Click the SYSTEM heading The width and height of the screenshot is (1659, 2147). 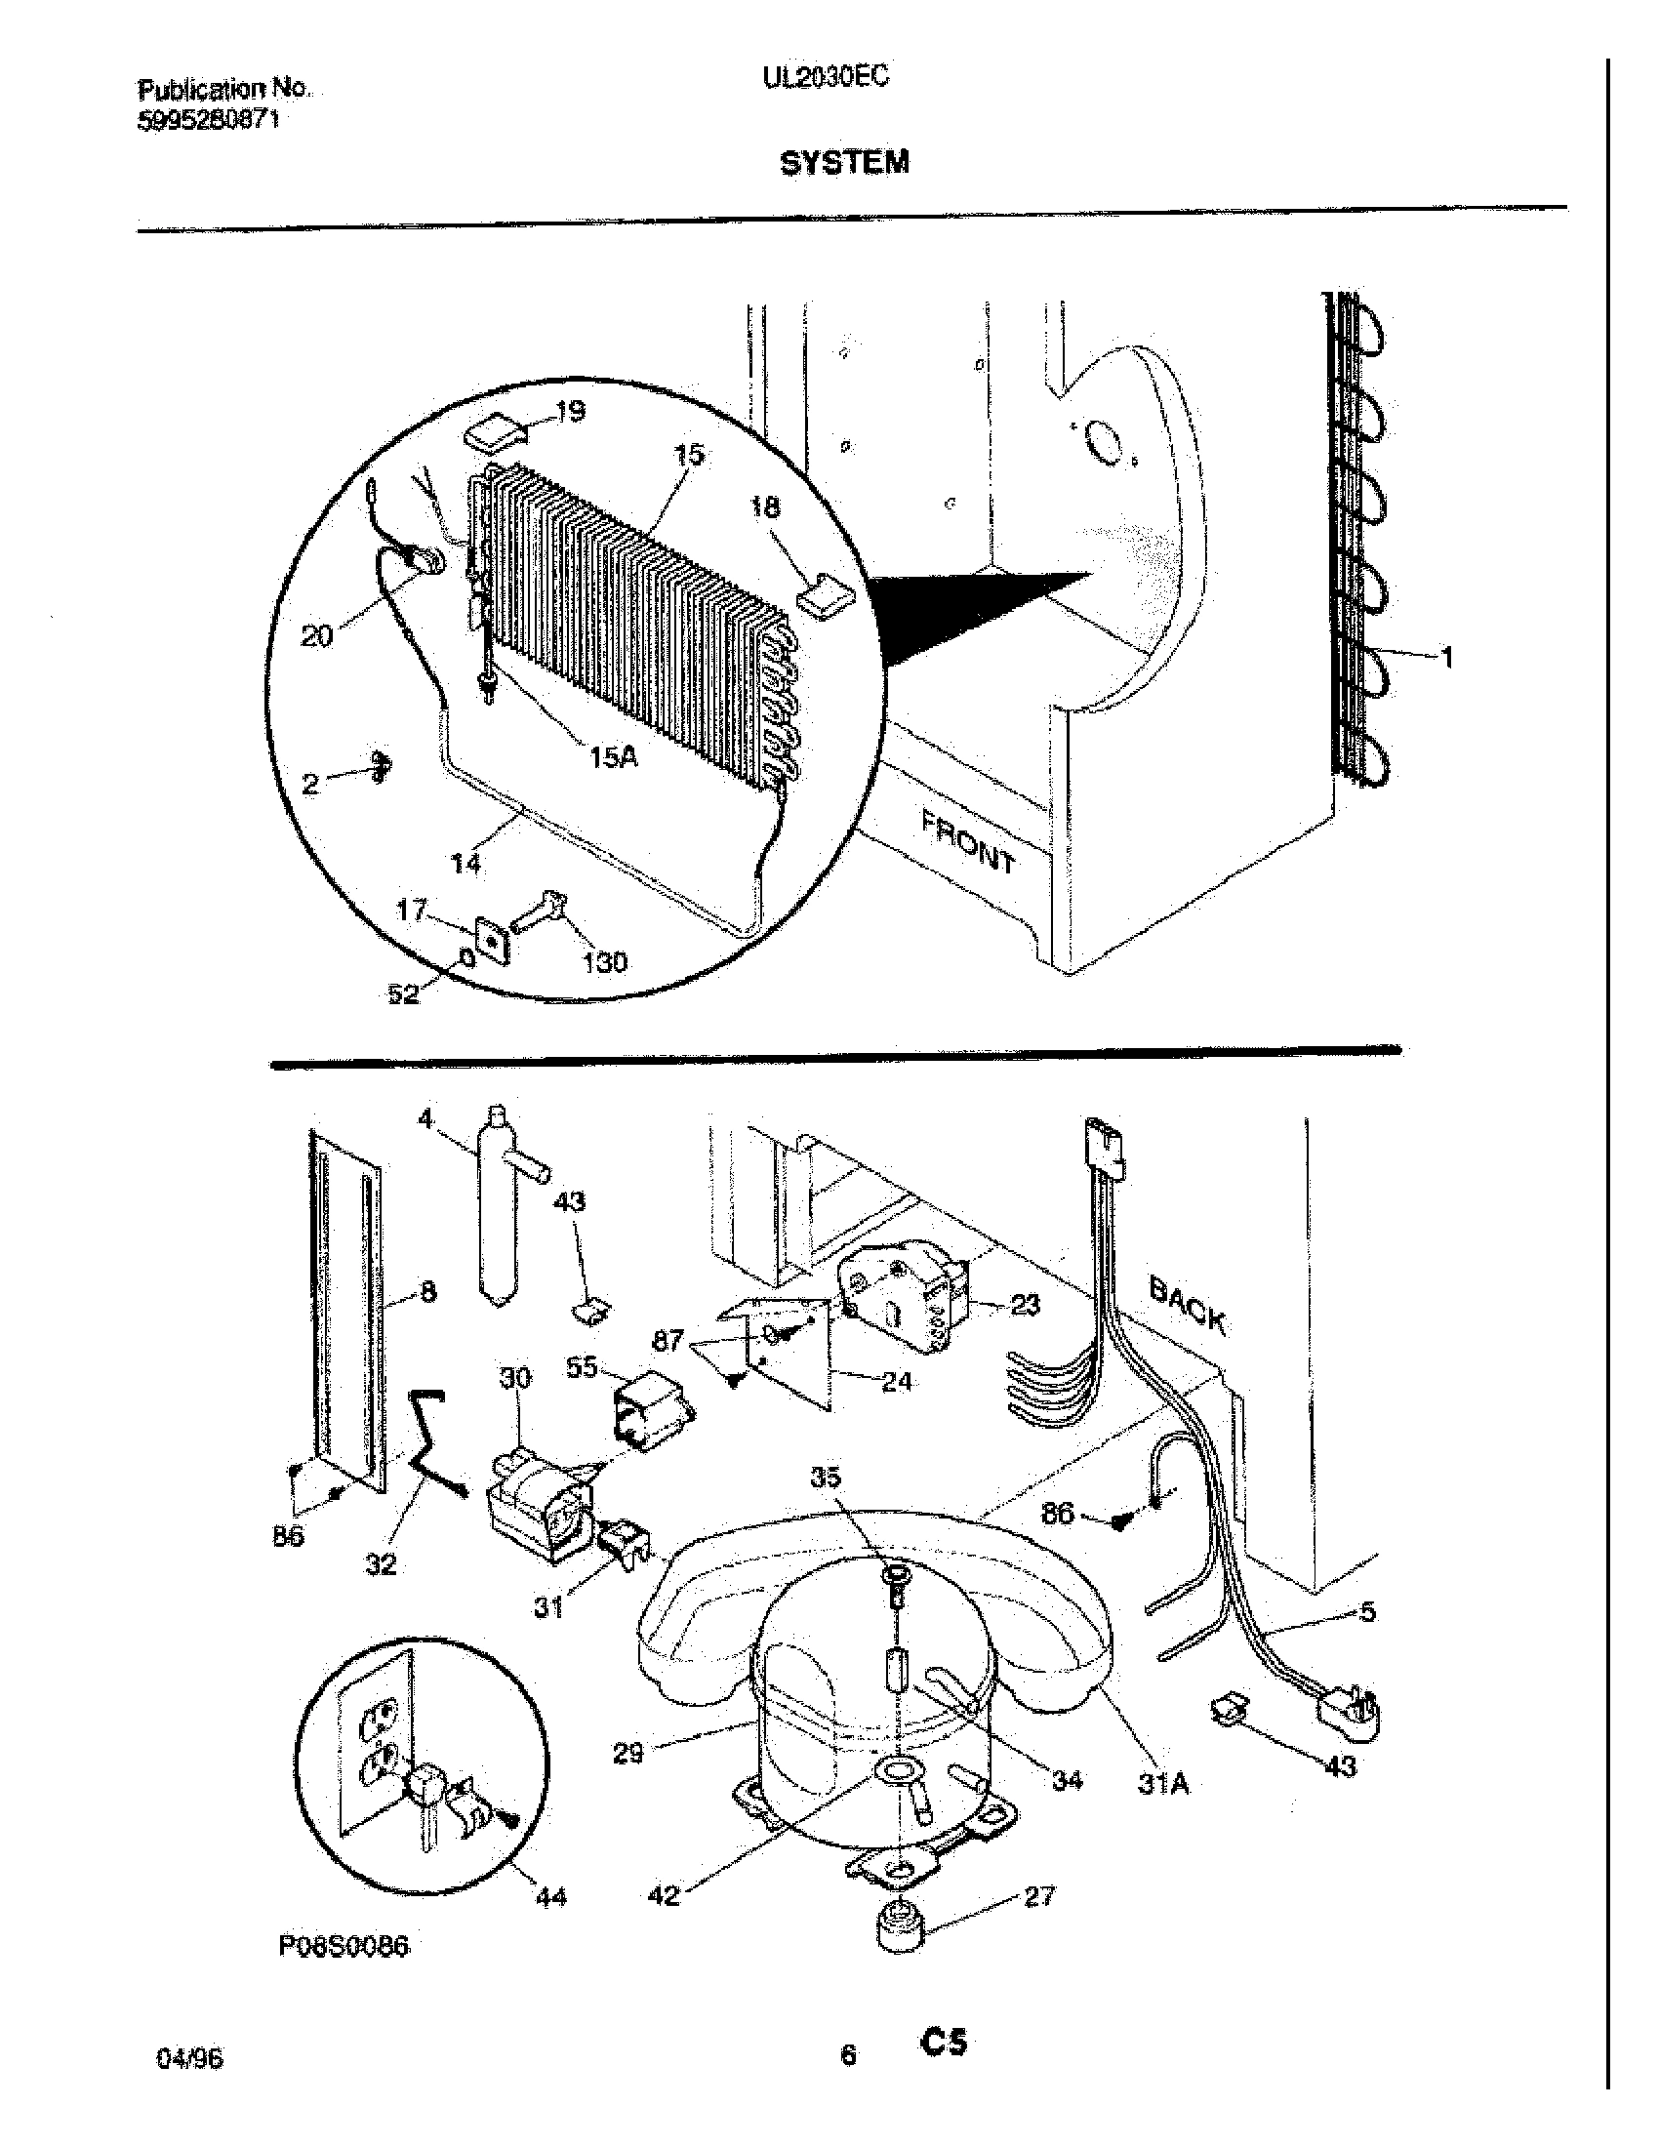[844, 162]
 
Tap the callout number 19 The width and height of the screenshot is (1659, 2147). [569, 411]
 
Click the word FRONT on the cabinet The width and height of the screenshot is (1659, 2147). [967, 841]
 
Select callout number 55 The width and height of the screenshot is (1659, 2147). [582, 1367]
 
